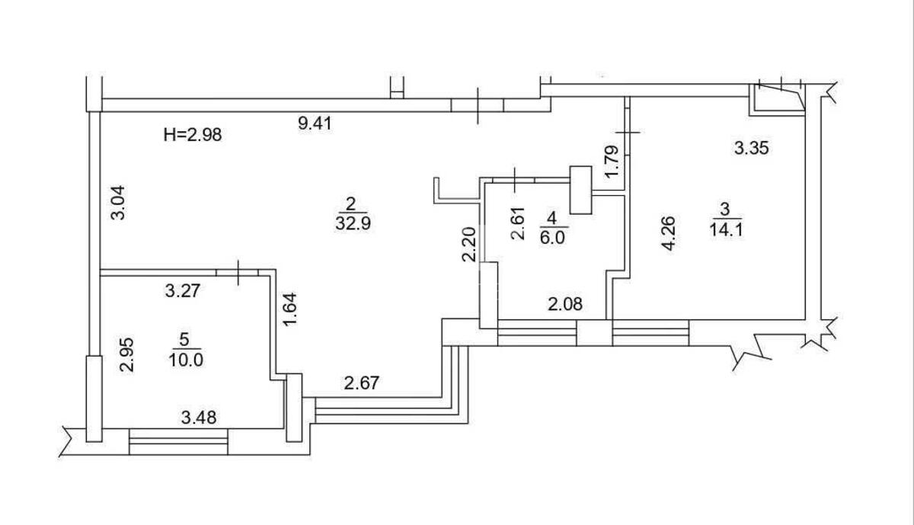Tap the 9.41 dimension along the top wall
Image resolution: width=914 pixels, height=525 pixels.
[x=314, y=123]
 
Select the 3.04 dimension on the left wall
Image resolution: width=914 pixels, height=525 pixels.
[x=119, y=203]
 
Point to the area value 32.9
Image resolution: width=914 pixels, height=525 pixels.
[x=351, y=225]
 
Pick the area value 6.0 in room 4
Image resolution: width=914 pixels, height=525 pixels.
[x=552, y=237]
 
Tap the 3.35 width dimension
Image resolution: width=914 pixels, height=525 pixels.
[x=751, y=149]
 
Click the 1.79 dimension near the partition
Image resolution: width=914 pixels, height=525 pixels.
[x=611, y=162]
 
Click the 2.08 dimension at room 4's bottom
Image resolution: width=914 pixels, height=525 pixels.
[x=566, y=306]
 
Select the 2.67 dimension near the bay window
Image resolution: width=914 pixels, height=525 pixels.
[x=363, y=383]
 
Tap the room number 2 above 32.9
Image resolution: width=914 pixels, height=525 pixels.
[x=351, y=203]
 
